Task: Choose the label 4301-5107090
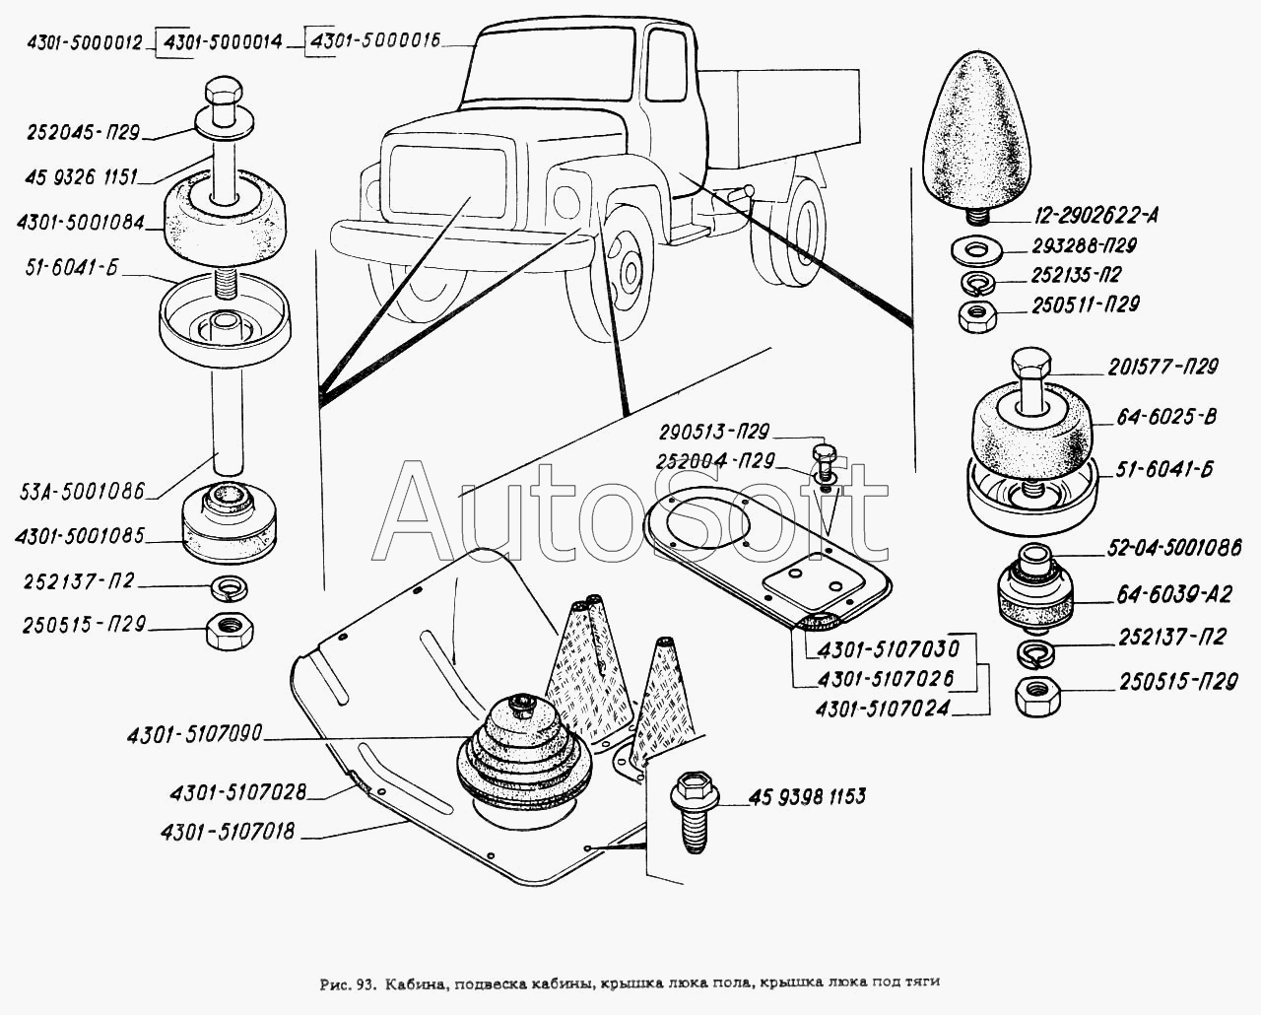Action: tap(193, 736)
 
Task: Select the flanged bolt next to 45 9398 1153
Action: tap(689, 803)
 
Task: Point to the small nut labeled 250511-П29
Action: tap(976, 316)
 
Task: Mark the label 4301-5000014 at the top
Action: tap(225, 41)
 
